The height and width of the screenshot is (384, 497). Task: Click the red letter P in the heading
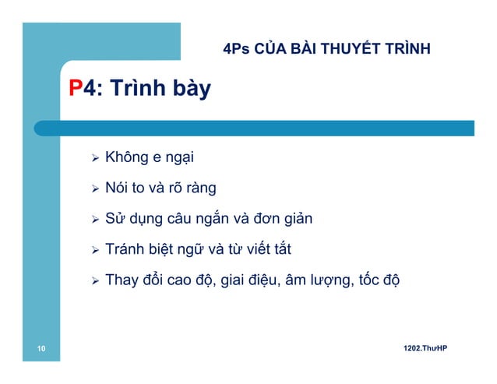[76, 89]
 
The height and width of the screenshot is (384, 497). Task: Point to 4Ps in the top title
[236, 51]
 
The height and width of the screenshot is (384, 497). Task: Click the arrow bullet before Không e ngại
[95, 160]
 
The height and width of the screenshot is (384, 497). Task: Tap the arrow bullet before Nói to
[95, 189]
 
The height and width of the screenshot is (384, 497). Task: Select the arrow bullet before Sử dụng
[95, 220]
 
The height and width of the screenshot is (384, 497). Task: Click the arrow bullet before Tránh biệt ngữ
[95, 250]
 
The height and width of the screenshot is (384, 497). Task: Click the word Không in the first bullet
[126, 160]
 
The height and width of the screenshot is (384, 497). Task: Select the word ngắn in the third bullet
[225, 220]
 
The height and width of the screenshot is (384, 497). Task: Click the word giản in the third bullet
[296, 220]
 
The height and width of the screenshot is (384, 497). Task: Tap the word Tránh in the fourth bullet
[125, 250]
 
